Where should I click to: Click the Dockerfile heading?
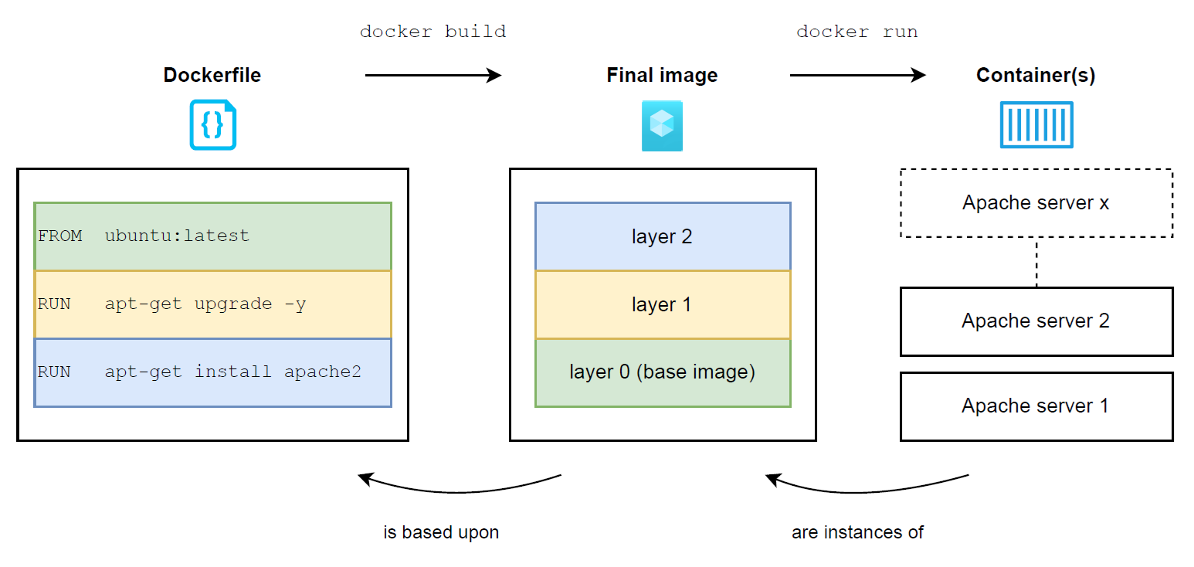[x=212, y=75]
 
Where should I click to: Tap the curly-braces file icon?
[x=212, y=125]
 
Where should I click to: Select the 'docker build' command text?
[x=432, y=32]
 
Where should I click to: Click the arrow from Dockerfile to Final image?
[x=432, y=75]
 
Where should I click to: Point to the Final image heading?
[x=662, y=75]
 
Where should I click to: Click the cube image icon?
[x=662, y=126]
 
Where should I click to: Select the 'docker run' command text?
[x=857, y=32]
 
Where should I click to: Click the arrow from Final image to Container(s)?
[x=857, y=75]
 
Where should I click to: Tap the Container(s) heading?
[x=1036, y=75]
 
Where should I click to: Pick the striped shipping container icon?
[x=1036, y=125]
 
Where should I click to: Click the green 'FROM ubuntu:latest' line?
[x=212, y=236]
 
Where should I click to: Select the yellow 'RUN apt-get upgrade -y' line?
[x=212, y=304]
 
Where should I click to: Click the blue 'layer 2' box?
[x=663, y=236]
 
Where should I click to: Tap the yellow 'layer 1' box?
[x=663, y=304]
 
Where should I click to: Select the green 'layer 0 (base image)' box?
[x=663, y=373]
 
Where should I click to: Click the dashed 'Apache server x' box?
[x=1036, y=203]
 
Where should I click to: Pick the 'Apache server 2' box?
[x=1036, y=321]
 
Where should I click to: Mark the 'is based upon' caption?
[x=441, y=532]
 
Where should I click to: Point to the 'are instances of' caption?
[x=857, y=532]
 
